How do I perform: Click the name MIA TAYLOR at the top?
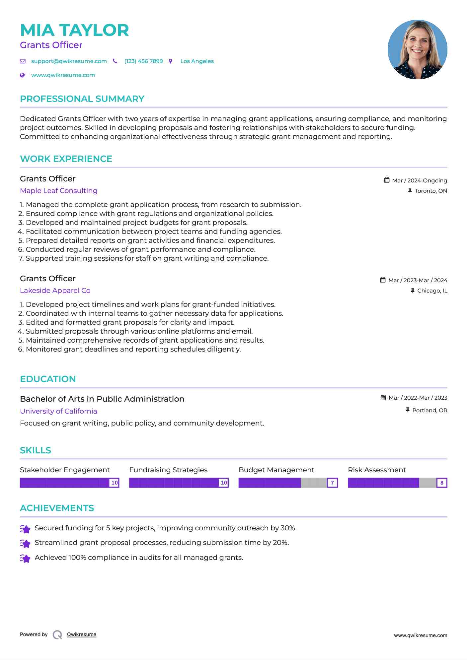click(74, 30)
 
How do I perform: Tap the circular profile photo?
click(417, 50)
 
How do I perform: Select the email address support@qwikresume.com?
click(69, 61)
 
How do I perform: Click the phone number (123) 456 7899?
click(143, 61)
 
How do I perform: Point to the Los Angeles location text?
click(197, 61)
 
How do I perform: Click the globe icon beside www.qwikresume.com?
click(23, 75)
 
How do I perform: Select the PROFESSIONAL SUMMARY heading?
click(82, 99)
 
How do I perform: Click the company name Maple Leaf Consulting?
click(58, 191)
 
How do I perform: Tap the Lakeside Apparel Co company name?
click(55, 291)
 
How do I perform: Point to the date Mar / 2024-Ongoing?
click(419, 180)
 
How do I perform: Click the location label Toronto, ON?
click(430, 191)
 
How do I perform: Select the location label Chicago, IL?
click(432, 291)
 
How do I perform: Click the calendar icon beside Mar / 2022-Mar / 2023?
click(383, 398)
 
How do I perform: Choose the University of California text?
click(58, 411)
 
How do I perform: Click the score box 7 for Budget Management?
click(332, 483)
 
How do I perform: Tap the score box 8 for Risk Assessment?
click(442, 483)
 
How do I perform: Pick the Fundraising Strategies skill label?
click(168, 470)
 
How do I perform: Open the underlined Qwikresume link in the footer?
click(82, 634)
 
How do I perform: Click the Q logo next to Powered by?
click(57, 635)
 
